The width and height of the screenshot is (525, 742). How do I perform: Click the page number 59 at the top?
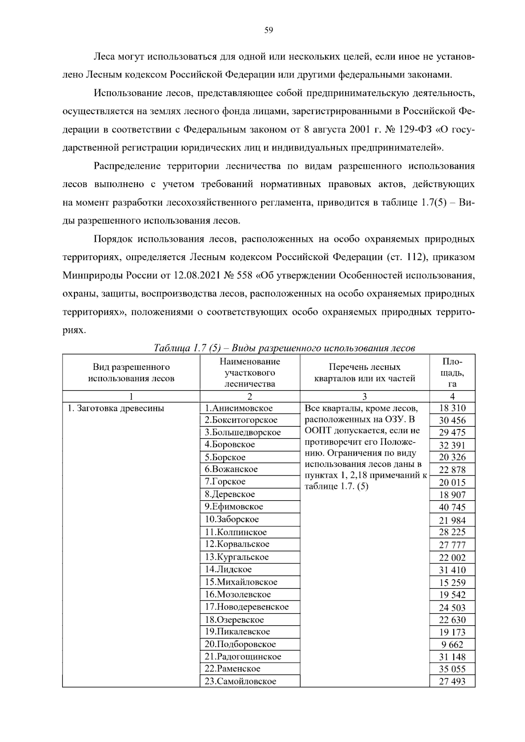click(x=269, y=30)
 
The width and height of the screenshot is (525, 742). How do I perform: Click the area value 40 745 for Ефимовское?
click(x=452, y=507)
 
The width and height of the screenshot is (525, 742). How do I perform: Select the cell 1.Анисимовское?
click(x=239, y=408)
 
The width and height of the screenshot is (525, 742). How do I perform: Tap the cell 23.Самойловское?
click(x=241, y=681)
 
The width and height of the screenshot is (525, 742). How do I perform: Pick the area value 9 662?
click(x=452, y=644)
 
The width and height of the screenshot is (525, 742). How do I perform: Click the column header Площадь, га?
click(x=452, y=373)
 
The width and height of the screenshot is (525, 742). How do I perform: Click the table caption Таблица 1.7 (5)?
click(x=284, y=348)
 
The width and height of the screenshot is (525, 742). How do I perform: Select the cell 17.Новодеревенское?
click(x=247, y=607)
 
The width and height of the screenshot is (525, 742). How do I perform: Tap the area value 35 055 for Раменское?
click(x=452, y=669)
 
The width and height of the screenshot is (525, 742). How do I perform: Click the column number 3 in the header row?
click(x=364, y=397)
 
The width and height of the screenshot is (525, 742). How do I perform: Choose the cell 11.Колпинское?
click(x=236, y=532)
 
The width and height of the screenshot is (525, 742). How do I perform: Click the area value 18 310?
click(x=452, y=408)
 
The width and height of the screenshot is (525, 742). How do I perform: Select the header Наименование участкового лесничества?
click(x=250, y=373)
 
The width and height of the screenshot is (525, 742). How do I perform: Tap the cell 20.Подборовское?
click(x=241, y=644)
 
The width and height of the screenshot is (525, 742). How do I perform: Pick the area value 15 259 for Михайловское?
click(x=452, y=582)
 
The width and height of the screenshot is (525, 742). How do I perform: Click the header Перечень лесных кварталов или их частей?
click(x=364, y=373)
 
